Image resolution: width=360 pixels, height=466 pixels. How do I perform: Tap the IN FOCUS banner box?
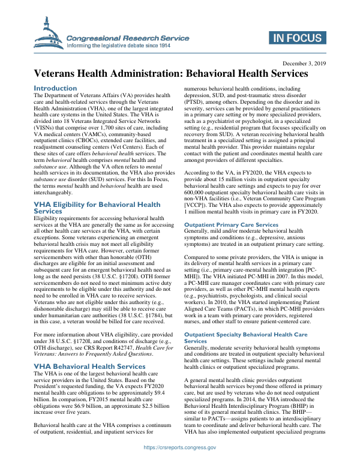click(x=297, y=39)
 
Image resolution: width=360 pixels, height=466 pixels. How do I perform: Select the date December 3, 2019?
click(x=303, y=63)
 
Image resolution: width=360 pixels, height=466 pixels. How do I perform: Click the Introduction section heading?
click(x=55, y=88)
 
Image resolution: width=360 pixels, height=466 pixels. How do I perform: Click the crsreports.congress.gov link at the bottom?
click(x=180, y=447)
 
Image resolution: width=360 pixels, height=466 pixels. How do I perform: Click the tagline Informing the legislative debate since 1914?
click(x=127, y=46)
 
